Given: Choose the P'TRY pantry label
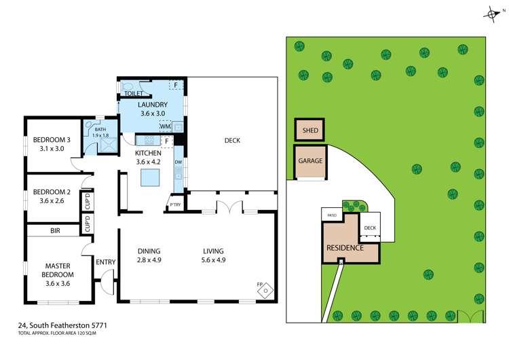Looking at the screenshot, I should [174, 204].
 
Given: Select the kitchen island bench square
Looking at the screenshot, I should [150, 177].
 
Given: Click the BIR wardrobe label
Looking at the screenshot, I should [56, 231].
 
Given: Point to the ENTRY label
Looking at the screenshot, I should [105, 262].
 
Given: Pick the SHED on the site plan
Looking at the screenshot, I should [309, 130].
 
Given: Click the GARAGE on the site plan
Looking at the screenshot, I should [310, 162].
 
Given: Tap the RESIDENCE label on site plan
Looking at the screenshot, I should [345, 248].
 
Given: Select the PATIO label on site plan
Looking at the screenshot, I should [332, 215].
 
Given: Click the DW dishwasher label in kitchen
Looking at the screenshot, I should [178, 162].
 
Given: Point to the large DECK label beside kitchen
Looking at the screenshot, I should [232, 141].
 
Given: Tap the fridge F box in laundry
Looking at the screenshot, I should [176, 85].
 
